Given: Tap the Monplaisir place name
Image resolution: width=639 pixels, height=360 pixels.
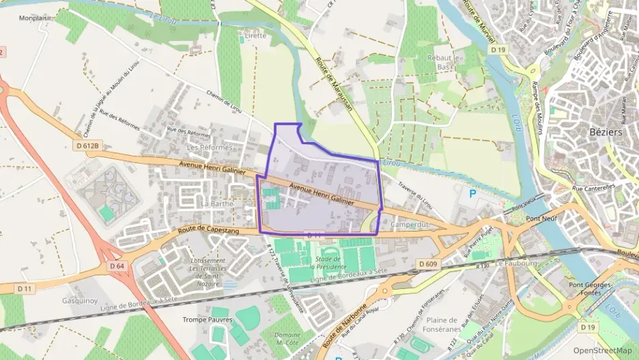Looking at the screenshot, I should [37, 18].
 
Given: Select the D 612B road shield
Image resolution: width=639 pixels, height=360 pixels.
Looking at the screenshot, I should [88, 146].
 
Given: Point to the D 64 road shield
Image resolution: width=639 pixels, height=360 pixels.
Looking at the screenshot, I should [115, 265].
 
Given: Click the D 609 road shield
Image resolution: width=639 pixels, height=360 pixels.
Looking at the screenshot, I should [428, 264].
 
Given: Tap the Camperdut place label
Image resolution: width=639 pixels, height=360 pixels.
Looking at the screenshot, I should [410, 224].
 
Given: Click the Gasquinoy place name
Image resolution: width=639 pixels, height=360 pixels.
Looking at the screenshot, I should [81, 301].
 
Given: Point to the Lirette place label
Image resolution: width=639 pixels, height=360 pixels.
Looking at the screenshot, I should [256, 35].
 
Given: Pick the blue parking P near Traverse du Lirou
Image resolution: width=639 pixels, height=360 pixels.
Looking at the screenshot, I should [472, 194].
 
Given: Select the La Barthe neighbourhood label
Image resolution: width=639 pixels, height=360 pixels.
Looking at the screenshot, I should [218, 203].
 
